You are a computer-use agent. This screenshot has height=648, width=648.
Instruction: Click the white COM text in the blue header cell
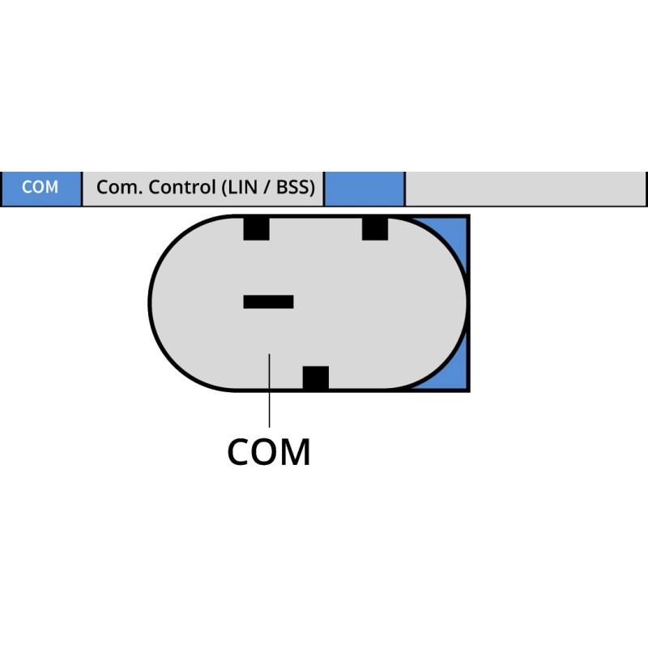coord(40,188)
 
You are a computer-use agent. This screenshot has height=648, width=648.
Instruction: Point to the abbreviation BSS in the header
coord(295,188)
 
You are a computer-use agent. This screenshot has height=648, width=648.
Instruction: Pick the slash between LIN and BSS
coord(267,188)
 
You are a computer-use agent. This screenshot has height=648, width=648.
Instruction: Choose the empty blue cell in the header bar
coord(364,189)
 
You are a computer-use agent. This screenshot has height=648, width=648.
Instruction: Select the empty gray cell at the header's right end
coord(525,189)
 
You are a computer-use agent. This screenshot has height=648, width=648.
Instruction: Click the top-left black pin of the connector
coord(256,228)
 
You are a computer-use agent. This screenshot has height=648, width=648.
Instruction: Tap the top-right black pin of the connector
coord(375,228)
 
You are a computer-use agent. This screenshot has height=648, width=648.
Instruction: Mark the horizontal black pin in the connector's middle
coord(268,302)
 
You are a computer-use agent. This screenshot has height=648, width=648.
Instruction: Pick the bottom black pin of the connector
coord(315,378)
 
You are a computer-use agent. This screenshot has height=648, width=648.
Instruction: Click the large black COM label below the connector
coord(269,452)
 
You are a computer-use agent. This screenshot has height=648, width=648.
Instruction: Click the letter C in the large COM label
coord(240,452)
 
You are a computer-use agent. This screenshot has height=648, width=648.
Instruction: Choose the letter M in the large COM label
coord(296,452)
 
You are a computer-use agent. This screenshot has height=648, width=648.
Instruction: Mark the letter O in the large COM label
coord(267,452)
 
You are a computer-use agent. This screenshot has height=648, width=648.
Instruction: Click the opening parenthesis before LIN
coord(224,188)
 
